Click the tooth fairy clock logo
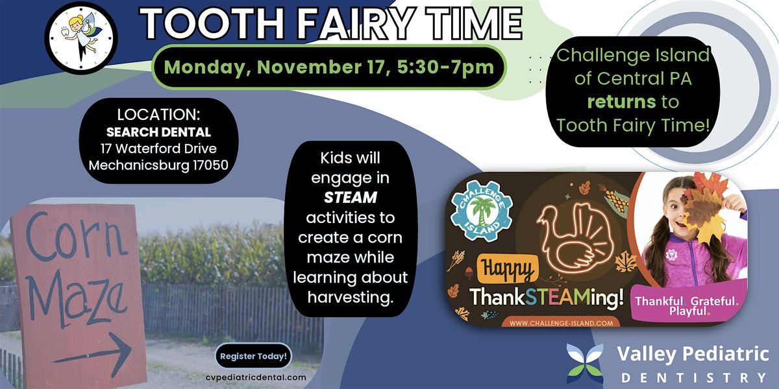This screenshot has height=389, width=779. click(80, 38)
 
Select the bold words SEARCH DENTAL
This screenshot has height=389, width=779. click(158, 133)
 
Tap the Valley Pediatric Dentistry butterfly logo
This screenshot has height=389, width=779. click(585, 364)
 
